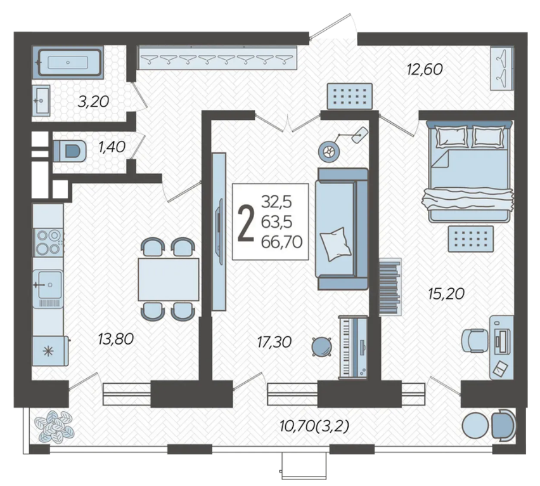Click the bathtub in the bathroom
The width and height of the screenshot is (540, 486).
pos(68,62)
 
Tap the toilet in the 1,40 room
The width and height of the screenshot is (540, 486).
pos(70,150)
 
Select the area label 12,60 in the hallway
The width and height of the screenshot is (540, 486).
pos(424,69)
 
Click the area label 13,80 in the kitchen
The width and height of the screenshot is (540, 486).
pos(116,339)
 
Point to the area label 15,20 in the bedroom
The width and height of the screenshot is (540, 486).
pos(446,294)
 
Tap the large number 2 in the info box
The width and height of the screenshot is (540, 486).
pos(246,222)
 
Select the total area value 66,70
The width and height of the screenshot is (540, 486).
pos(281,242)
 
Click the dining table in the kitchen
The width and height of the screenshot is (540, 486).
pos(169,280)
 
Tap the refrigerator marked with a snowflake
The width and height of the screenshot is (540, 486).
pos(50,351)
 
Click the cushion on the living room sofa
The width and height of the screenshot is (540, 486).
pos(335,244)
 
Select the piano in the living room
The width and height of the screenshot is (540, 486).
pos(353,347)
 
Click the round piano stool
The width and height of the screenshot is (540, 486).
pos(322,346)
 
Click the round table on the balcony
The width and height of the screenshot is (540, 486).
pos(475,425)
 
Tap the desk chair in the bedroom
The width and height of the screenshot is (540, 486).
pos(475,341)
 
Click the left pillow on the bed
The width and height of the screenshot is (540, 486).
pos(452,136)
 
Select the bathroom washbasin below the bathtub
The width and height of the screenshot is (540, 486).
pos(41,100)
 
